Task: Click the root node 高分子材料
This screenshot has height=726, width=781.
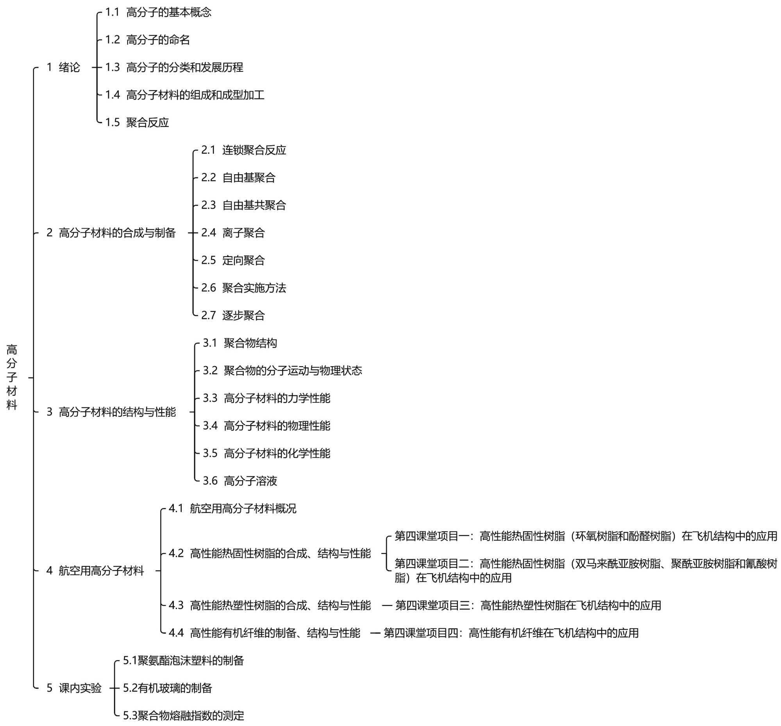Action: pos(12,377)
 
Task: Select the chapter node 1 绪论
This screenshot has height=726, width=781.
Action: pos(63,68)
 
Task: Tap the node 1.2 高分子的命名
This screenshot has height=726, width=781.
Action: pos(147,40)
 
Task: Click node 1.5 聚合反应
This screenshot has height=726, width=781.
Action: pos(137,123)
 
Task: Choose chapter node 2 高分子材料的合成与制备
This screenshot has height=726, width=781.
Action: pos(111,233)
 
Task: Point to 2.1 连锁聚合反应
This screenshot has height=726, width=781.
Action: pos(243,150)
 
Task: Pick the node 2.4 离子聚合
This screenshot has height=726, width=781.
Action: pos(233,233)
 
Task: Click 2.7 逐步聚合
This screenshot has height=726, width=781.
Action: pos(233,315)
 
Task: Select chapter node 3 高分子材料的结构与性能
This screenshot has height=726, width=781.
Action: pos(111,412)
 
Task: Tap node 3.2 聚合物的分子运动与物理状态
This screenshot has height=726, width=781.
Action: pos(282,370)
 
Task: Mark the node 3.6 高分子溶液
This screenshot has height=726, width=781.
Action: pos(239,481)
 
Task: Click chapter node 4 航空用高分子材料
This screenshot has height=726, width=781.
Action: pos(95,571)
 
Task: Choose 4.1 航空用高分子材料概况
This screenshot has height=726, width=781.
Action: pos(232,509)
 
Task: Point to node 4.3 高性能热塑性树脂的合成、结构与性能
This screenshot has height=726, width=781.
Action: pos(270,605)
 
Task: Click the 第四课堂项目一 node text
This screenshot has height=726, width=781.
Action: pos(585,536)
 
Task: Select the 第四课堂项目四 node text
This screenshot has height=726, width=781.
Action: pos(511,633)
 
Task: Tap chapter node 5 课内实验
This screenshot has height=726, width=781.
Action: pos(74,688)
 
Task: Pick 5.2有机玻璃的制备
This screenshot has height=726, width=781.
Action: pos(167,688)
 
